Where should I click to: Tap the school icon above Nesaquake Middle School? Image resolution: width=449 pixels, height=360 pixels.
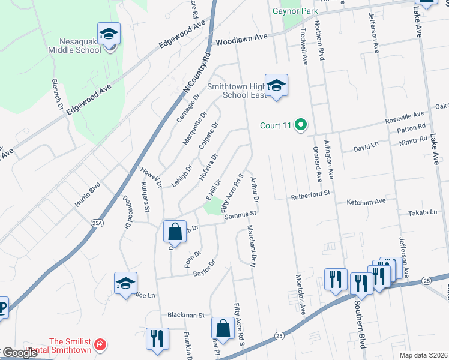pos(109,35)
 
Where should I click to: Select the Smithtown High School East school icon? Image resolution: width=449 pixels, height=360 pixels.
pos(276,86)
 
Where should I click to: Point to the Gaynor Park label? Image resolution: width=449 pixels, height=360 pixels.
pos(294,10)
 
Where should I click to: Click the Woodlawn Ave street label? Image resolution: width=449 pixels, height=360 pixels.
pos(241,40)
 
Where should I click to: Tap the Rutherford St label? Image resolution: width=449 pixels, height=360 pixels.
pos(311,194)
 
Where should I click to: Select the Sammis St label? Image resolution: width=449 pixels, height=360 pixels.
pos(241,215)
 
